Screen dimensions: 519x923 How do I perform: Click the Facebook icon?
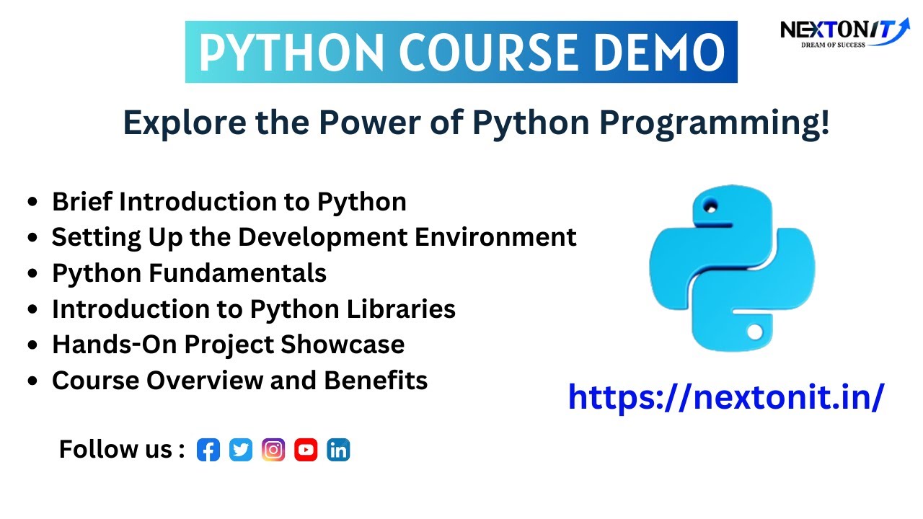tap(208, 450)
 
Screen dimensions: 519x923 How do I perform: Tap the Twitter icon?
tap(241, 450)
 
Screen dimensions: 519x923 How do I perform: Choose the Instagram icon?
tap(273, 450)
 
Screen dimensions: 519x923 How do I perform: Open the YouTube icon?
tap(306, 450)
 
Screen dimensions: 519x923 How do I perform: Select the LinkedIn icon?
tap(338, 450)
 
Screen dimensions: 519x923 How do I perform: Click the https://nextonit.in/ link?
tap(725, 396)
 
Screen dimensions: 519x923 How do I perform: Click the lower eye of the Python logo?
tap(754, 332)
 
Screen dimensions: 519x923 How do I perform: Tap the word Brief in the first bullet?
tap(82, 202)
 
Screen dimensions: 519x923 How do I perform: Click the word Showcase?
tap(343, 345)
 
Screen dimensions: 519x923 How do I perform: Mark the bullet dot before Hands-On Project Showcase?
tap(32, 345)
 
